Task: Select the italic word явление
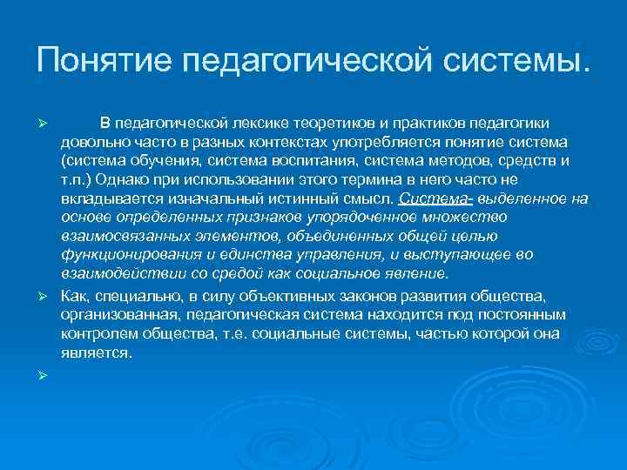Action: (421, 274)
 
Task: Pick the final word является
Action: (96, 353)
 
